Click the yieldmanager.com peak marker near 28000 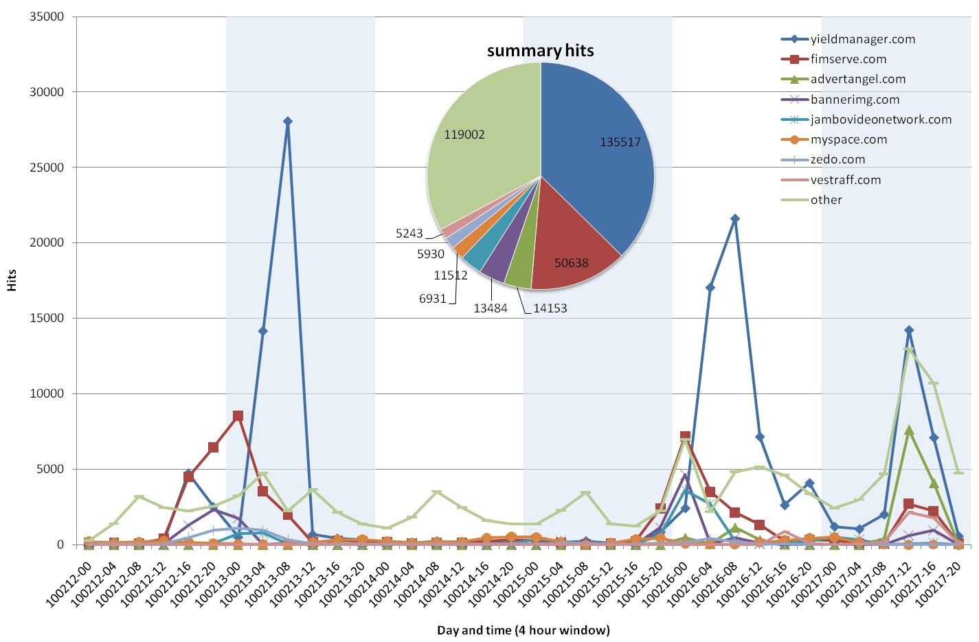pos(287,122)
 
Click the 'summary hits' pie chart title pos(540,51)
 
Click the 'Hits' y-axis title pos(12,280)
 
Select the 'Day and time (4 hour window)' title pos(523,630)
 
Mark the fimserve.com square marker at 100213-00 pos(238,416)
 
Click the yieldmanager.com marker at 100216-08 pos(734,219)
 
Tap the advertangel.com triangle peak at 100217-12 pos(909,430)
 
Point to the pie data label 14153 pos(550,308)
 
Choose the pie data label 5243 pos(409,233)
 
